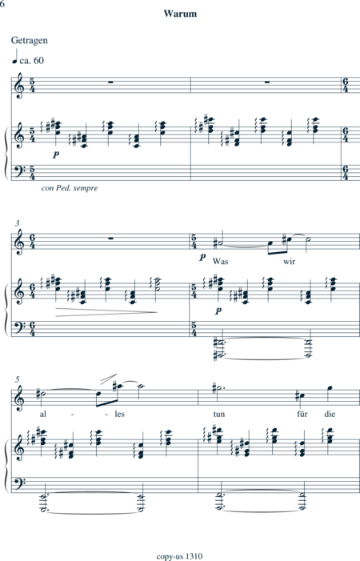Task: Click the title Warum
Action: tap(180, 14)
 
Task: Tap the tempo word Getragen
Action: tap(30, 41)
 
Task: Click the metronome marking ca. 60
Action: tap(32, 61)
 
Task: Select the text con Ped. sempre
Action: tap(70, 188)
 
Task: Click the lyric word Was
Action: tap(220, 261)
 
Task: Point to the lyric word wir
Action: tap(290, 261)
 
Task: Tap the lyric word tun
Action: tap(219, 414)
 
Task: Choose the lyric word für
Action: tap(302, 414)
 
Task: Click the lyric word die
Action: tap(330, 414)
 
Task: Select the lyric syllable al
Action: tap(43, 414)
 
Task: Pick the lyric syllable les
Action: tap(119, 414)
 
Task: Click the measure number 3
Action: tap(17, 223)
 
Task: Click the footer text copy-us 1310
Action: tap(179, 556)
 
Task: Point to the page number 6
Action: tap(2, 4)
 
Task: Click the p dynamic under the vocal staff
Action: tap(202, 257)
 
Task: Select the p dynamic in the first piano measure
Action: tap(55, 154)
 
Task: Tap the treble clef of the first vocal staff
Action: tap(18, 86)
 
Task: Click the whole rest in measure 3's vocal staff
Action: tap(111, 238)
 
